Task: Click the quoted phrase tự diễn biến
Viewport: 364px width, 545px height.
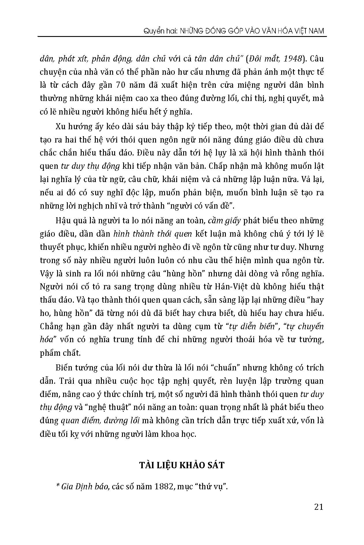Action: coord(252,327)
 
